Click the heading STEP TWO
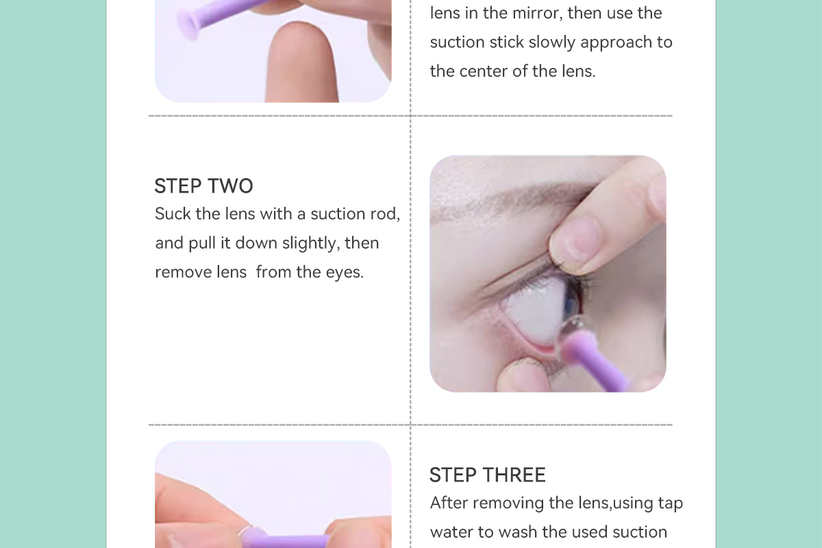[x=203, y=186]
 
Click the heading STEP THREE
[x=487, y=475]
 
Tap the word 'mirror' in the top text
[x=536, y=13]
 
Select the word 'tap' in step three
[x=671, y=503]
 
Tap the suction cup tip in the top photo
[x=188, y=24]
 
